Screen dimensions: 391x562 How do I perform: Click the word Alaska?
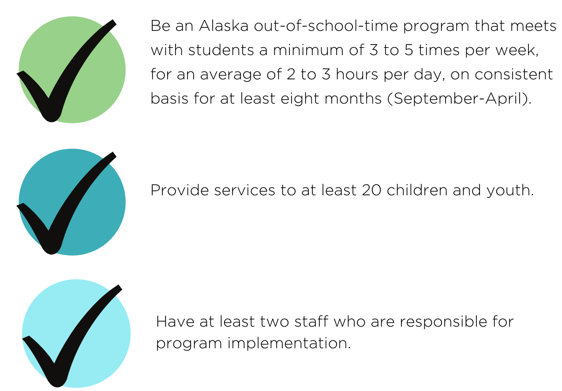point(224,26)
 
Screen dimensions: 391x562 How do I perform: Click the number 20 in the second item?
point(371,190)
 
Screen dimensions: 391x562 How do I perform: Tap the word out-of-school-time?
point(326,26)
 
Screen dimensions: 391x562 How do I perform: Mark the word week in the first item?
point(515,50)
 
